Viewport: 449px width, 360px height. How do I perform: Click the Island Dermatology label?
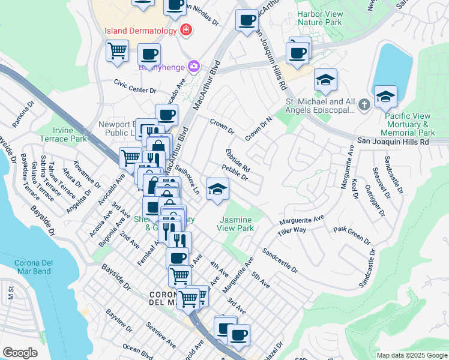(x=140, y=30)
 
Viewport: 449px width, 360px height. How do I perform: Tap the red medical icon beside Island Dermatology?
(x=186, y=29)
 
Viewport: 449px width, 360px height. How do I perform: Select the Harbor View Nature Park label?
(x=328, y=18)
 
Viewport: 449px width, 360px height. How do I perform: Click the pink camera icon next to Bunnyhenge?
(x=194, y=67)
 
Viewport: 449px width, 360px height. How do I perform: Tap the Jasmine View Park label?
(x=245, y=224)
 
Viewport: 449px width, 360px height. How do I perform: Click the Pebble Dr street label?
(x=235, y=173)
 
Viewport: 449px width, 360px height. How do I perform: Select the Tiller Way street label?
(x=292, y=230)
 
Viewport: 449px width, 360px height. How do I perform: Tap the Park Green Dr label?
(x=352, y=235)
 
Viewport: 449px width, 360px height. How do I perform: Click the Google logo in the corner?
(x=20, y=353)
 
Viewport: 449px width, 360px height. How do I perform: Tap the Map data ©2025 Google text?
(x=411, y=355)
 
